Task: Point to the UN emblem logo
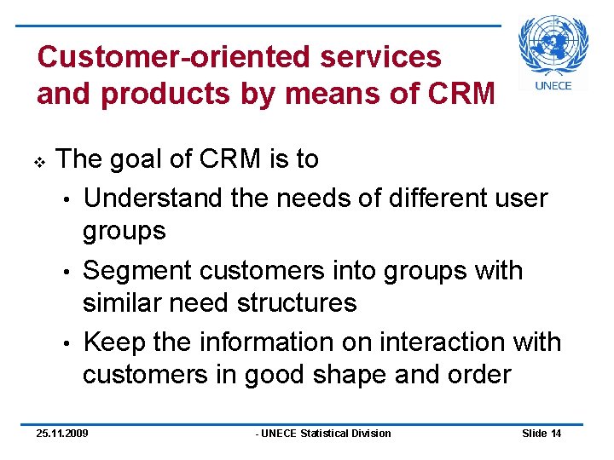[x=553, y=45]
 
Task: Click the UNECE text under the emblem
[x=553, y=85]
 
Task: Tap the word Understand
[x=155, y=198]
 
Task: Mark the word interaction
[x=426, y=342]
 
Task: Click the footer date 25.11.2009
[x=61, y=434]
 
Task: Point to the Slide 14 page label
[x=541, y=434]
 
